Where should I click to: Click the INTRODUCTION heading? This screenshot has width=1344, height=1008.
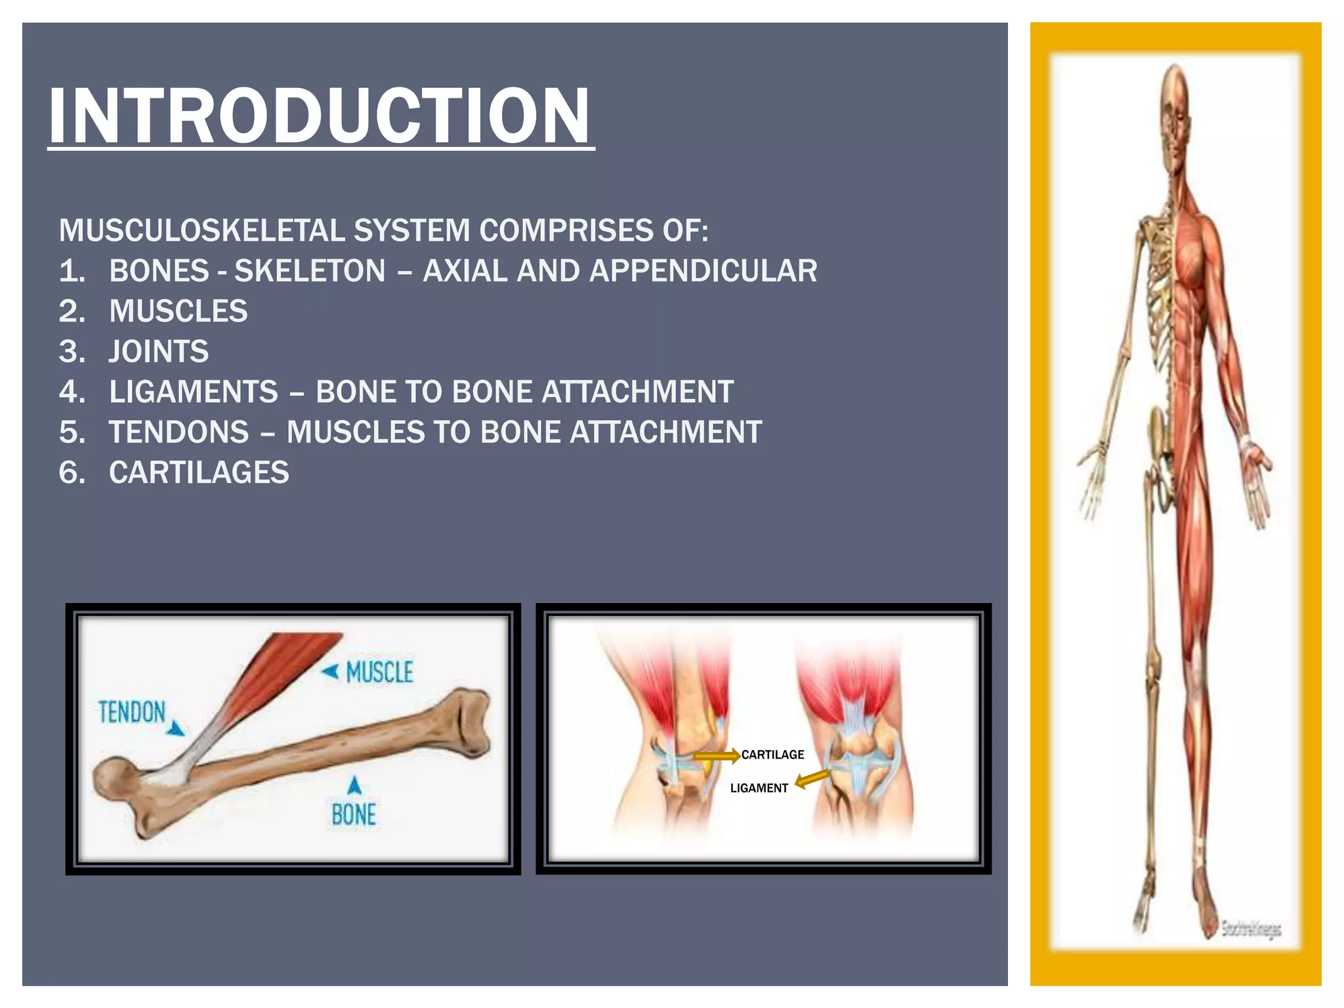pos(320,117)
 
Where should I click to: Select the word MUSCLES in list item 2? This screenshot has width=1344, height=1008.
pos(178,311)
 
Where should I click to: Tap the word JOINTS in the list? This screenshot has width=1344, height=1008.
pos(159,352)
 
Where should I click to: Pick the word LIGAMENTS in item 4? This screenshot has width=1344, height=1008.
pos(194,392)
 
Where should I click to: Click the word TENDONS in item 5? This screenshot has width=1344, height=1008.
pos(179,432)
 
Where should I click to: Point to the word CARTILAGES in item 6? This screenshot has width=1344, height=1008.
pos(199,472)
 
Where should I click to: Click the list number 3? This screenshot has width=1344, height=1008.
pos(72,352)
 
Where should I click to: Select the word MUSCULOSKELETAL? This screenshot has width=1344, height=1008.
pos(199,230)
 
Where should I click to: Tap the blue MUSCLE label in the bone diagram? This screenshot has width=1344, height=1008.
pos(379,672)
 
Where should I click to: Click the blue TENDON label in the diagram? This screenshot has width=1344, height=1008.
pos(132,712)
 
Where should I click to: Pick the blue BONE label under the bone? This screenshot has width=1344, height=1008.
pos(354,815)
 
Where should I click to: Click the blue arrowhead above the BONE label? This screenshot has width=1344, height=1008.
pos(354,785)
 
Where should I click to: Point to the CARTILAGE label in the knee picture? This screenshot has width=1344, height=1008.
pos(772,755)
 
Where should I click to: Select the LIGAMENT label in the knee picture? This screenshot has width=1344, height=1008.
pos(759,788)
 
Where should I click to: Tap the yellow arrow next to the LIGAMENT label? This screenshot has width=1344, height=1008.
pos(812,779)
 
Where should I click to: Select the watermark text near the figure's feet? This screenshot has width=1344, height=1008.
pos(1251,929)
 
